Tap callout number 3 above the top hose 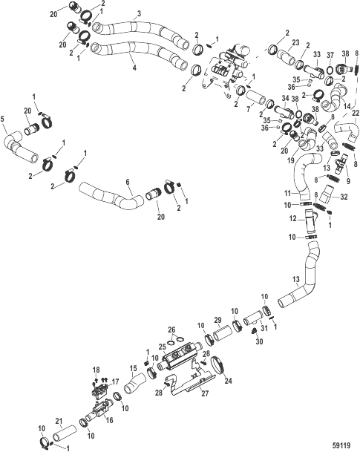pos(140,14)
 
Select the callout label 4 pos(134,68)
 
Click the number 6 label pos(128,182)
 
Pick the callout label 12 pos(293,219)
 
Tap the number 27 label pos(205,393)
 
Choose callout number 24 pos(228,381)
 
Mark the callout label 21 pos(59,422)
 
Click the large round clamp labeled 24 pos(218,365)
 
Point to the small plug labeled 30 pos(255,331)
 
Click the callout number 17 pos(115,381)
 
